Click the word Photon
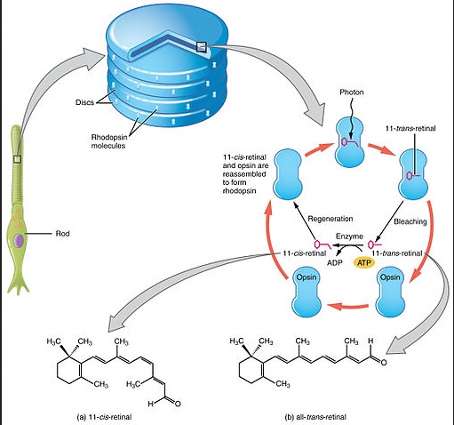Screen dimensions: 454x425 [352, 92]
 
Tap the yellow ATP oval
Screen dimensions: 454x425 [364, 262]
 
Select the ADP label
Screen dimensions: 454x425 [335, 262]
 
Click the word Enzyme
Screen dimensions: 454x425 [349, 237]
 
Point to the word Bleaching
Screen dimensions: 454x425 [410, 221]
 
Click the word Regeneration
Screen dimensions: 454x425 [331, 219]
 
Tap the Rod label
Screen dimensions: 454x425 [62, 234]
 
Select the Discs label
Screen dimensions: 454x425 [84, 102]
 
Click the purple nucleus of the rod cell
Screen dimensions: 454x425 [20, 240]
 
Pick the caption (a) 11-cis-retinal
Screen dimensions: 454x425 [104, 417]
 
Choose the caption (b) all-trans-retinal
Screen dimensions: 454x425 [315, 417]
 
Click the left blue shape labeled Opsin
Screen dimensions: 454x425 [307, 292]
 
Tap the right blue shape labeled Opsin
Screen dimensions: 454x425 [390, 292]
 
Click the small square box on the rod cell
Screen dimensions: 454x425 [18, 159]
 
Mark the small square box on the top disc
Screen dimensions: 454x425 [202, 47]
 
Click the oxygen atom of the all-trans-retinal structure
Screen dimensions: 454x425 [384, 362]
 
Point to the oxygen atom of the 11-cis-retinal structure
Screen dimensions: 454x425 [178, 404]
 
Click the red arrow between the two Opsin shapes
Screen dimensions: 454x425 [347, 306]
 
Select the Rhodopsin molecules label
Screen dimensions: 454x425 [108, 141]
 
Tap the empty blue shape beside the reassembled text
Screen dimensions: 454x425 [288, 174]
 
